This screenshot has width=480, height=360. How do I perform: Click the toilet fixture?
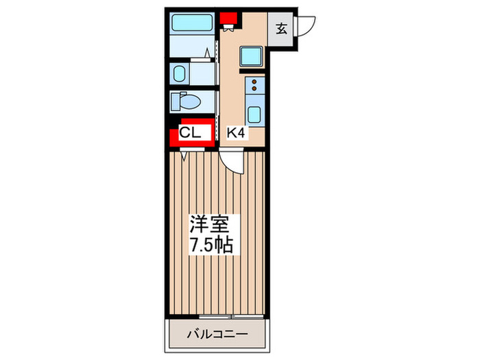187,102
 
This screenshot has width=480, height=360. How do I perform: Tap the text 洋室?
214,225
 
